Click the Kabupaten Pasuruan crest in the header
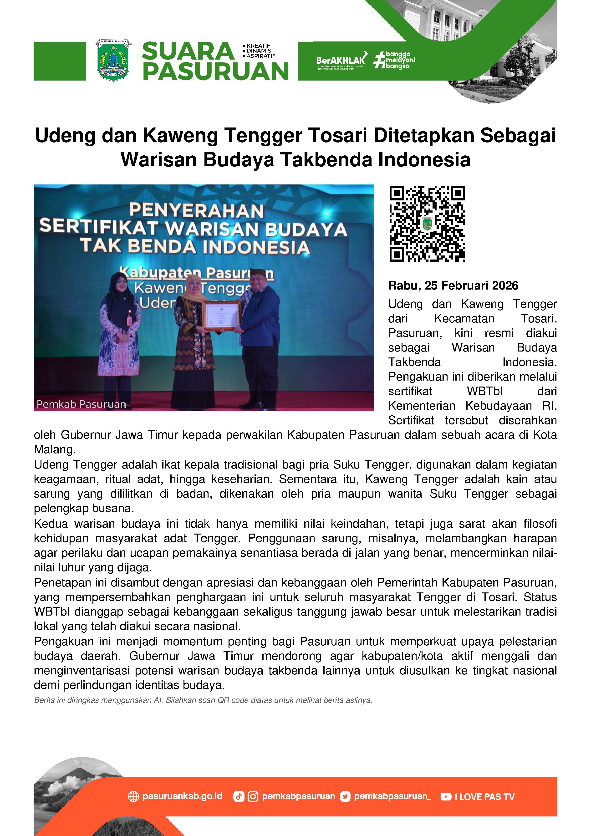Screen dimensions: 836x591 click(x=113, y=61)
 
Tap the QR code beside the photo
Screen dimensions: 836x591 click(x=427, y=224)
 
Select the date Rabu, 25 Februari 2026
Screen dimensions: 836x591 click(x=453, y=285)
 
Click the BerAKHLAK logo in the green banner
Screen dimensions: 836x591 click(x=341, y=60)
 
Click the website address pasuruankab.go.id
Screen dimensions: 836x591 click(x=182, y=796)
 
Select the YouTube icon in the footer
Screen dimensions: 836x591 click(x=446, y=797)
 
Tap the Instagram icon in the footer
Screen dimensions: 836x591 click(x=253, y=797)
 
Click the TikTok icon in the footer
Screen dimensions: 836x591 click(x=239, y=797)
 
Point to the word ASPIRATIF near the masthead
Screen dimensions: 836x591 click(x=261, y=56)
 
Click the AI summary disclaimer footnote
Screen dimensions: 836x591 click(x=203, y=700)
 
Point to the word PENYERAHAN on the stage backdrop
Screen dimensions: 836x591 click(x=196, y=211)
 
